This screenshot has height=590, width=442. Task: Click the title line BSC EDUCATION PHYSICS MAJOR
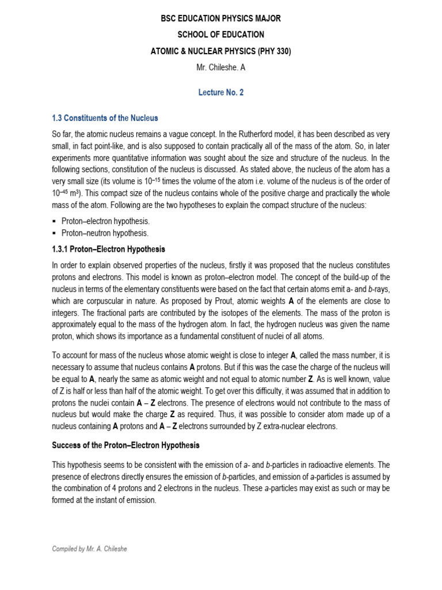coord(221,19)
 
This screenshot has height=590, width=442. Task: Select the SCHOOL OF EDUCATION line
coord(221,35)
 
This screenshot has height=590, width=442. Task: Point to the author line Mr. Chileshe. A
coord(221,68)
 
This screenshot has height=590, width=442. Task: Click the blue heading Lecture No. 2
coord(221,93)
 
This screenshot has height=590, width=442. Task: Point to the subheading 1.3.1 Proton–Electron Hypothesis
coord(108,249)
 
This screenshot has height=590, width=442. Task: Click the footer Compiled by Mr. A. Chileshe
coord(89,549)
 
